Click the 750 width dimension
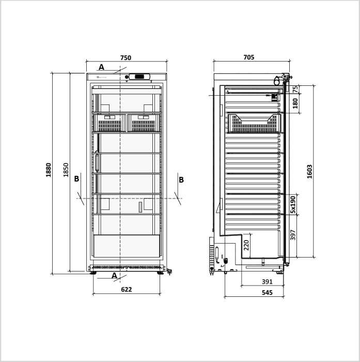[126, 58]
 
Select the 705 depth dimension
[249, 57]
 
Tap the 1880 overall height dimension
[49, 170]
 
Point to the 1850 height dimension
[66, 170]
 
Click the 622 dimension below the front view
[127, 290]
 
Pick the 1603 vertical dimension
[309, 172]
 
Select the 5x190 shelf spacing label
[293, 205]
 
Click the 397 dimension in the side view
[293, 235]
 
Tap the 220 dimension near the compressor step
[246, 245]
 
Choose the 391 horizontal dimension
[267, 282]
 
